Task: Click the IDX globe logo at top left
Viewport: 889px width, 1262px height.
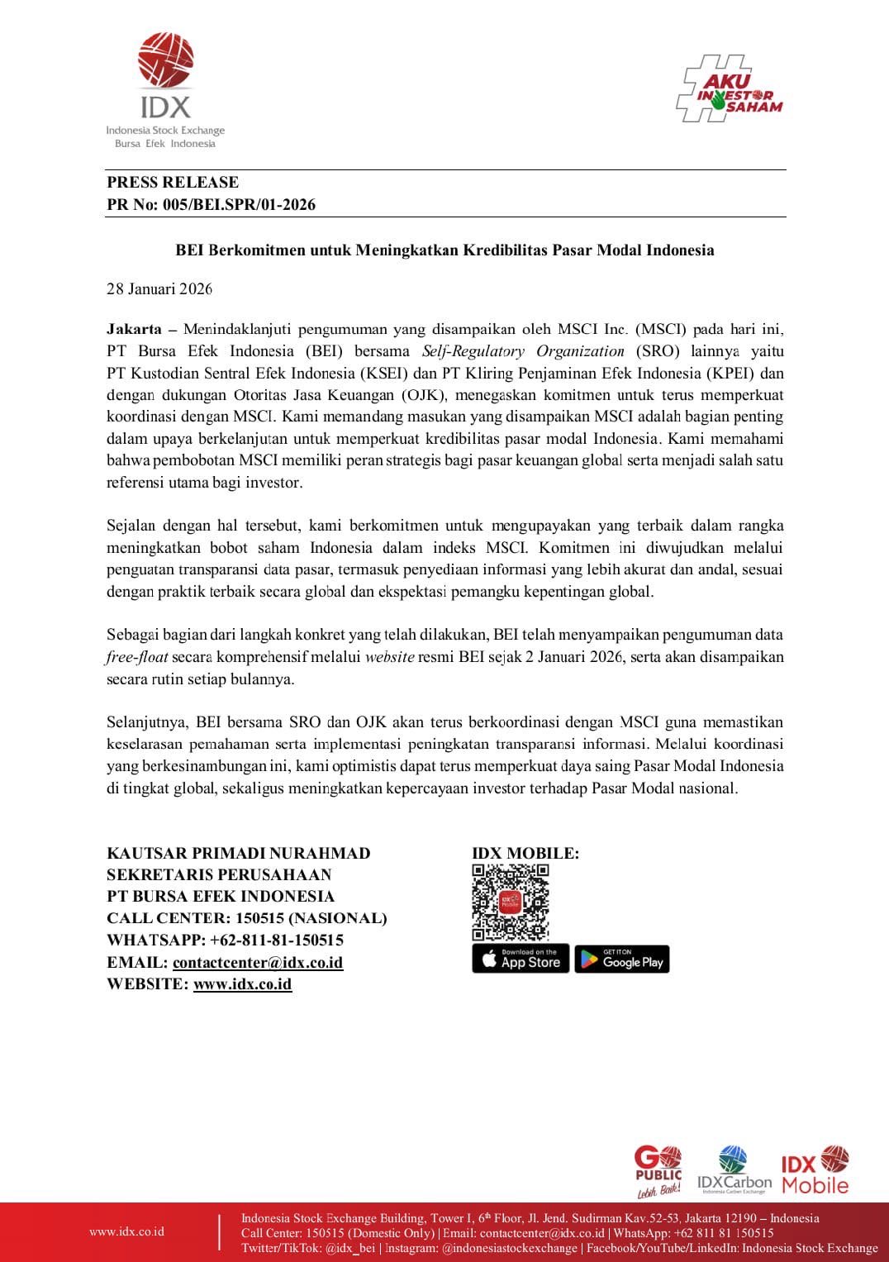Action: (165, 61)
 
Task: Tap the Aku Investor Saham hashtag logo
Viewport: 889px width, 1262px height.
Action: (729, 89)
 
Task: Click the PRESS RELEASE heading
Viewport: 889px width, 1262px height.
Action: (173, 183)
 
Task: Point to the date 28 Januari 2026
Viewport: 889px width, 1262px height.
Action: (159, 289)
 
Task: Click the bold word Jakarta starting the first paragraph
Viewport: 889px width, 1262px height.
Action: (134, 329)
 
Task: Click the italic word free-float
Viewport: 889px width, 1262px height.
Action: (137, 658)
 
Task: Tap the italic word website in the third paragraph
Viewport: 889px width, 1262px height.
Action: (389, 658)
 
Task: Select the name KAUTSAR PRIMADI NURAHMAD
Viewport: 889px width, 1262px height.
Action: (239, 853)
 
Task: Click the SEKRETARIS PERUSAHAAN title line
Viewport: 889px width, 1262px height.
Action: (219, 874)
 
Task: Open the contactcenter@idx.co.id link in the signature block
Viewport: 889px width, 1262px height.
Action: (258, 962)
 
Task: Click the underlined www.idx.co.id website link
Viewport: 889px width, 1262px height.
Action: (242, 983)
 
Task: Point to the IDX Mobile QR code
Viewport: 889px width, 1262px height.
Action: (511, 902)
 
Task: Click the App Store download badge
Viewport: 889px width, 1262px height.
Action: (521, 959)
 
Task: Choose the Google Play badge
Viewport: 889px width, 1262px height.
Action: (622, 959)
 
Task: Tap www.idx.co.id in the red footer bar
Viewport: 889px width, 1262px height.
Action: (126, 1231)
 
